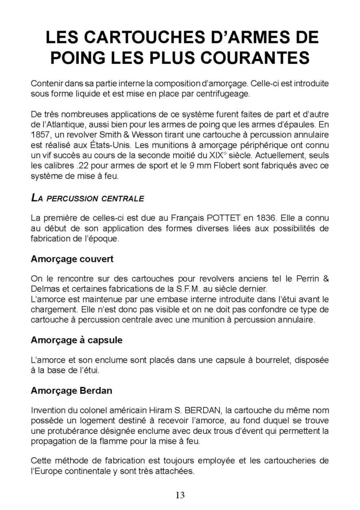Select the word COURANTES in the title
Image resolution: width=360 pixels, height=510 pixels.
pyautogui.click(x=255, y=58)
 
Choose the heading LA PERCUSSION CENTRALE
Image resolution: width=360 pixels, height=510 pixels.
pyautogui.click(x=87, y=198)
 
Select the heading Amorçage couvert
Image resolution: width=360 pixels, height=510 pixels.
pyautogui.click(x=72, y=258)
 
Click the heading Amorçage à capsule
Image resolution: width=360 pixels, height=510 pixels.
pyautogui.click(x=77, y=340)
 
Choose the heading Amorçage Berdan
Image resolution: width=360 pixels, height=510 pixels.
pyautogui.click(x=71, y=391)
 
